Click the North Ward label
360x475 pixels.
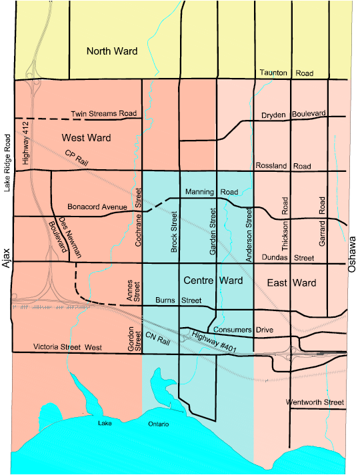[112, 51]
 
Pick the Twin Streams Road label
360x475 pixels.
[104, 115]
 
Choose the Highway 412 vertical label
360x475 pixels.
[25, 147]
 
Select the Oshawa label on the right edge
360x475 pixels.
[353, 255]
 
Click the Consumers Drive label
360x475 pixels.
[244, 330]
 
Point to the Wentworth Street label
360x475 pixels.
[315, 402]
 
